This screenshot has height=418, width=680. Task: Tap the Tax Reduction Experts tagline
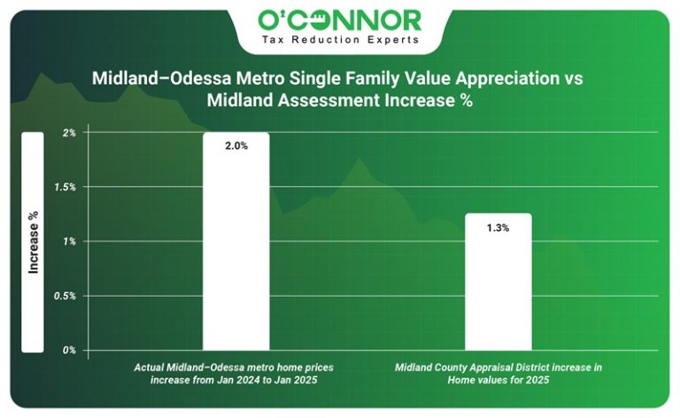(x=339, y=40)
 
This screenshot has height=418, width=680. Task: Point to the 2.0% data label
(x=236, y=146)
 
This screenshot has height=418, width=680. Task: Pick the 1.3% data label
(x=498, y=228)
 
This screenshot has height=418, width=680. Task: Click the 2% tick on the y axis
(x=69, y=133)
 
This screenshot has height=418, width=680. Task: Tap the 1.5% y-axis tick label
(x=66, y=187)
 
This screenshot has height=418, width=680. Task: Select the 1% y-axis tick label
(x=69, y=242)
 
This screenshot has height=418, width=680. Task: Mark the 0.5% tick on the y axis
(x=66, y=296)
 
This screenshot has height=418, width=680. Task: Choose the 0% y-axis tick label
(x=69, y=351)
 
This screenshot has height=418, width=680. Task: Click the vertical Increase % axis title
(x=33, y=241)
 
